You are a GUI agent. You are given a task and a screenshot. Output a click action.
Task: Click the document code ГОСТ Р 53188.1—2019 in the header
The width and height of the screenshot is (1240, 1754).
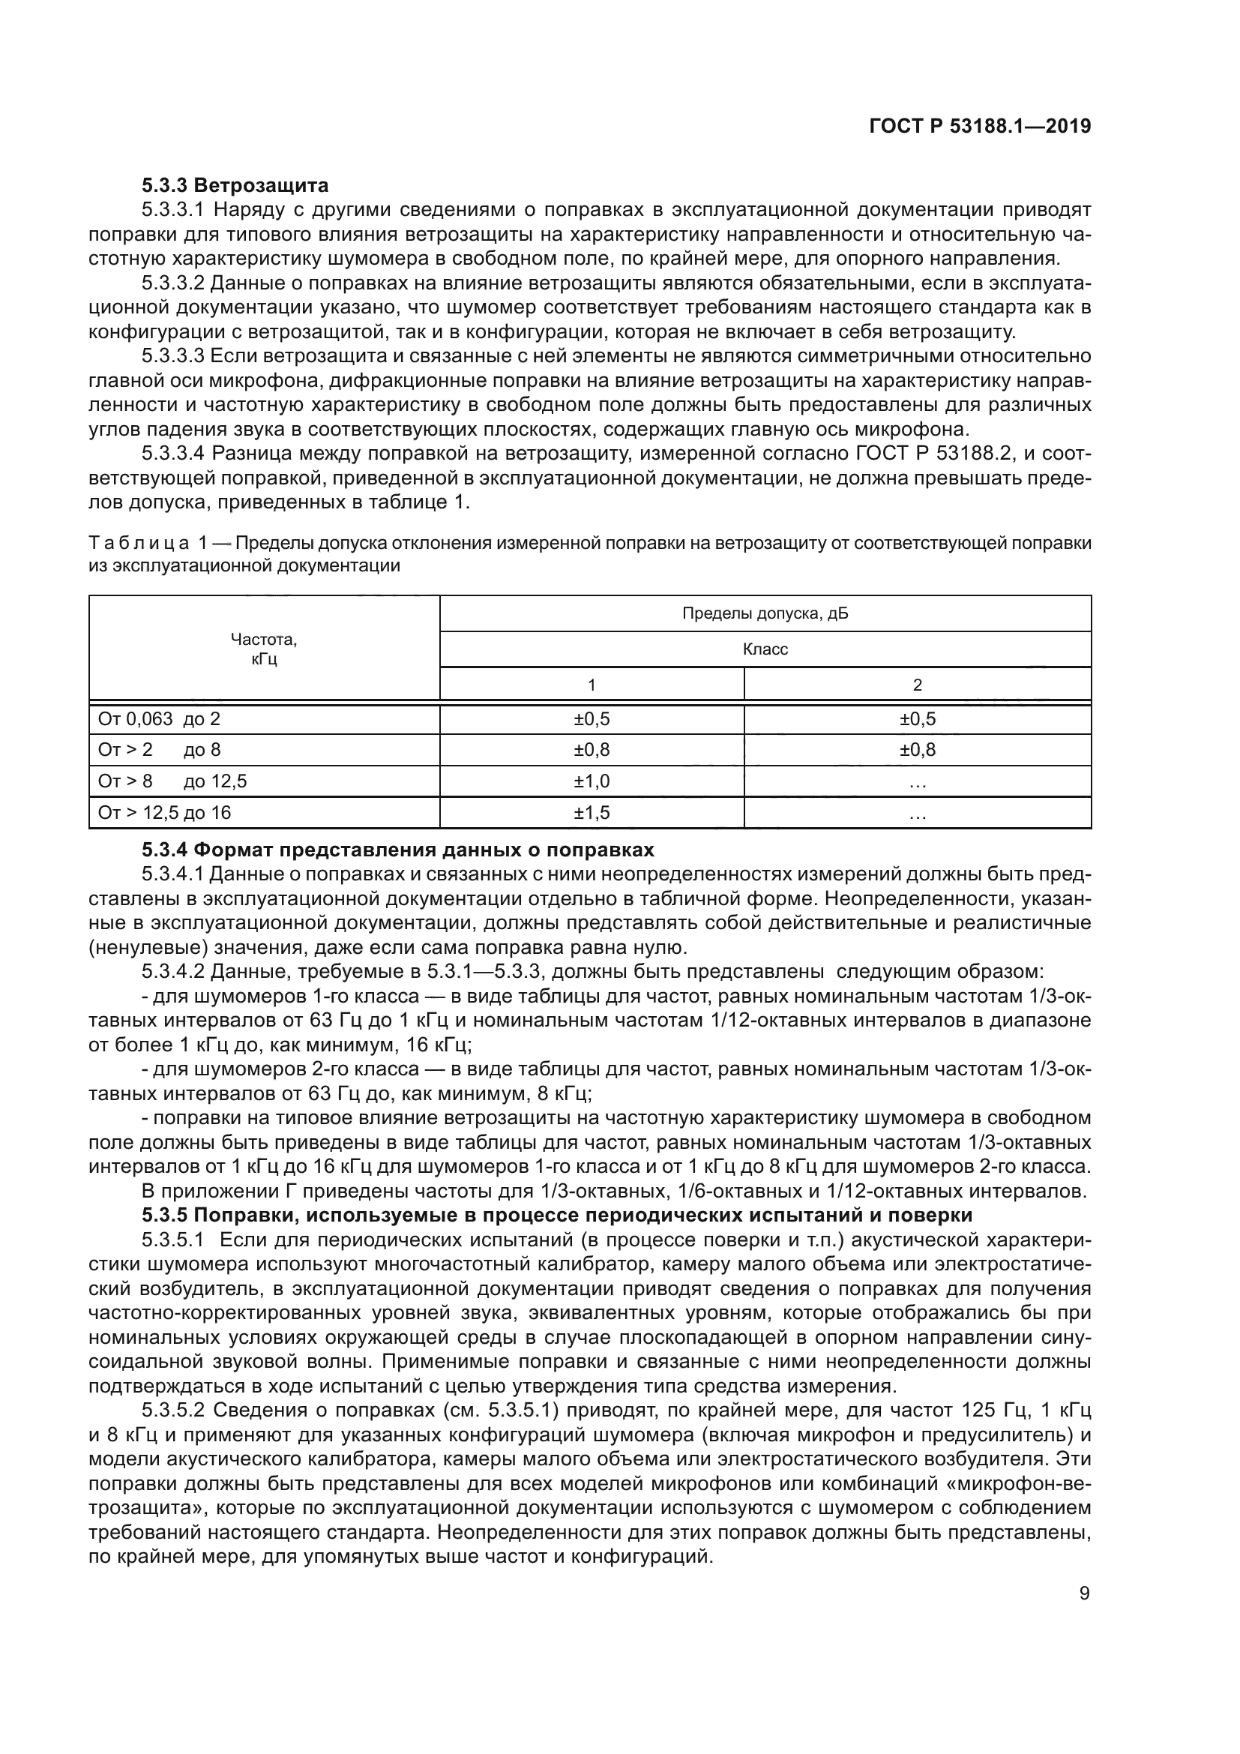[x=980, y=127]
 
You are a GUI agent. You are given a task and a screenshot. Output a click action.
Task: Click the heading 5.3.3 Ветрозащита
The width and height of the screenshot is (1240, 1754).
[x=235, y=185]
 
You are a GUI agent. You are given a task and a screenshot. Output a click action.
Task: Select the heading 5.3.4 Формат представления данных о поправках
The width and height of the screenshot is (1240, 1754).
[x=398, y=850]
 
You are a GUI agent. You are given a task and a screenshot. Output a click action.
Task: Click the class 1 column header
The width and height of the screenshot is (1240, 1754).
[x=592, y=685]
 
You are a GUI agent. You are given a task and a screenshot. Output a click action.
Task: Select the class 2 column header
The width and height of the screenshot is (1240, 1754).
[x=917, y=685]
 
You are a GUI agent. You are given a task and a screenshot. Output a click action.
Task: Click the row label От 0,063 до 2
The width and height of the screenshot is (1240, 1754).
[x=159, y=719]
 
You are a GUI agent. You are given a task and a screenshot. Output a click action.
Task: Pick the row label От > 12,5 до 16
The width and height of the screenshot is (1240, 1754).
[x=164, y=812]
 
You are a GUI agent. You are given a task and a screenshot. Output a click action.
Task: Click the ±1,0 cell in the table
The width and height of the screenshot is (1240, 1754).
[x=592, y=781]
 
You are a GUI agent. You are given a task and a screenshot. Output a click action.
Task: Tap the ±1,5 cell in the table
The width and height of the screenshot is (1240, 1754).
[x=592, y=813]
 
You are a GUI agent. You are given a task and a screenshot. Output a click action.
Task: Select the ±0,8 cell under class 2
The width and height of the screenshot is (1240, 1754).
[x=917, y=750]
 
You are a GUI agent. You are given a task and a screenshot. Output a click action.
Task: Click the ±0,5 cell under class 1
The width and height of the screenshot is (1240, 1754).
[x=592, y=719]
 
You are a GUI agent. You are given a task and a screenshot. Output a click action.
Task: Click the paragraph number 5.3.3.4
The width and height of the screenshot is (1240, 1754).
[x=172, y=454]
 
